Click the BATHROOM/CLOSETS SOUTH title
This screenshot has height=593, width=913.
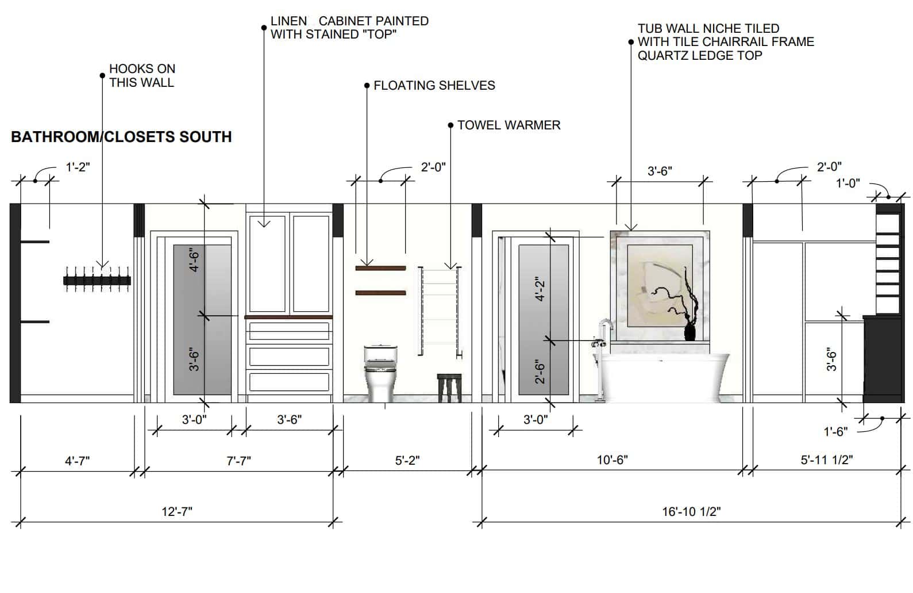(x=121, y=137)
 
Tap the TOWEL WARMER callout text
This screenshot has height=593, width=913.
(x=508, y=125)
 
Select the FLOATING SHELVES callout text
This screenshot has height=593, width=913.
(x=434, y=85)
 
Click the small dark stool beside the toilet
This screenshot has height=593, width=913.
(x=449, y=388)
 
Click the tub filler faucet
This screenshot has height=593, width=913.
(x=602, y=359)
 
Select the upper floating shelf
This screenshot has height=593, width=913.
(x=381, y=268)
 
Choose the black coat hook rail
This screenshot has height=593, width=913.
(x=97, y=280)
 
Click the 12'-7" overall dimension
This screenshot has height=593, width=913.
(x=177, y=511)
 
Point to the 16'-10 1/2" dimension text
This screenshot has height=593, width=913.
(x=691, y=511)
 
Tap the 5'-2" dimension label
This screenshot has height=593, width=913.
(x=407, y=460)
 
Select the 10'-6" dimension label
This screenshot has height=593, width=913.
(x=612, y=460)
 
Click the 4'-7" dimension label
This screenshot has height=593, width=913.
(x=77, y=461)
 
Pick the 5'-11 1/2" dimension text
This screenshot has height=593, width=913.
(x=827, y=460)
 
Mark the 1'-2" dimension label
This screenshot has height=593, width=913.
(x=78, y=167)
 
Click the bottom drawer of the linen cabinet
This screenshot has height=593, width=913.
(x=289, y=382)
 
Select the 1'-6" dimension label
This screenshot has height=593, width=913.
(x=835, y=431)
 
